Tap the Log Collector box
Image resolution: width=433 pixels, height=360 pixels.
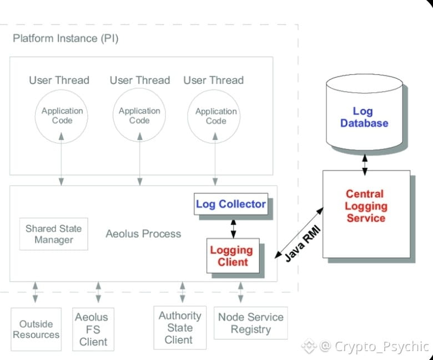tap(230, 204)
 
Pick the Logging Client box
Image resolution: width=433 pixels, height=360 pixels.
tap(233, 256)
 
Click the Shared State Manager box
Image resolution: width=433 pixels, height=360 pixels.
tap(53, 234)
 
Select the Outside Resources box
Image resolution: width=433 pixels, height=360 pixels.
tap(36, 329)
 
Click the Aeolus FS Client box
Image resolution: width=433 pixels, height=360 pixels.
tap(93, 329)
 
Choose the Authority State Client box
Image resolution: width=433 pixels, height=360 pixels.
tap(179, 327)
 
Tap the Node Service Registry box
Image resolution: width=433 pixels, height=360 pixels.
tap(250, 323)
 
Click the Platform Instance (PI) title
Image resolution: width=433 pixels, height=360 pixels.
tap(65, 39)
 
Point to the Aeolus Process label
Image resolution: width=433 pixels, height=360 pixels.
tap(143, 234)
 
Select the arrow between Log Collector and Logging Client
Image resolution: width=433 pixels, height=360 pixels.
tap(233, 227)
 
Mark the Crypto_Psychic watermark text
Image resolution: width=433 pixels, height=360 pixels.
tap(381, 347)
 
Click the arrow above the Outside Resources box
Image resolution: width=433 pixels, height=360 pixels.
tap(36, 292)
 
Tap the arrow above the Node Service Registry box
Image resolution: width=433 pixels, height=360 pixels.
tap(240, 292)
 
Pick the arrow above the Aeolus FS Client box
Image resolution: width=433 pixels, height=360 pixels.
tap(98, 292)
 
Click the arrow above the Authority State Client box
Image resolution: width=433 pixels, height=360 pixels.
tap(182, 292)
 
